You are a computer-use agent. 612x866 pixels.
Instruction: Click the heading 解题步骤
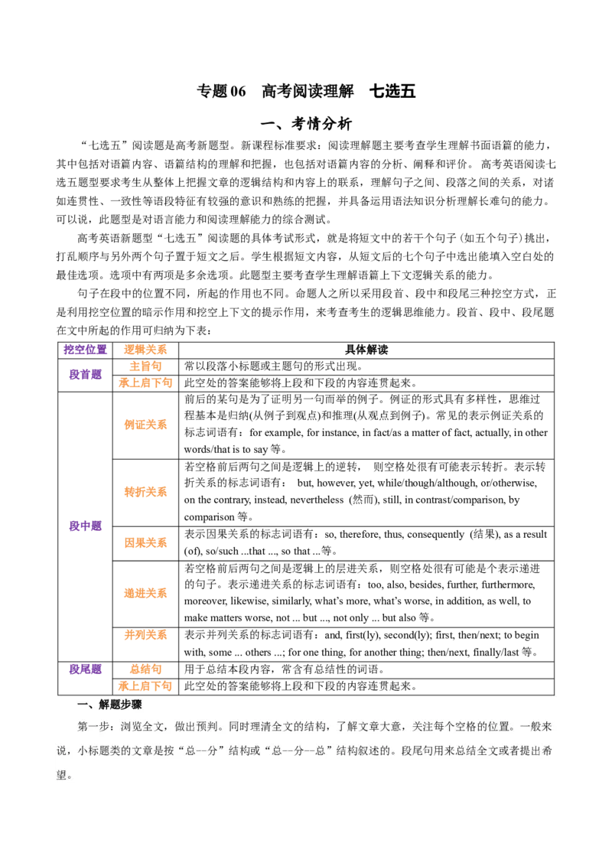click(x=116, y=705)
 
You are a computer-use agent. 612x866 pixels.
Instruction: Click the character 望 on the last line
click(x=62, y=774)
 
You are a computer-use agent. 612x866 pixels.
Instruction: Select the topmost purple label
click(x=86, y=350)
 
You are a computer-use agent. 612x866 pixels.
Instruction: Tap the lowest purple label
click(x=86, y=669)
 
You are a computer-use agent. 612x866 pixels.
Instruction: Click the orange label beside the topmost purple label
click(x=146, y=350)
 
